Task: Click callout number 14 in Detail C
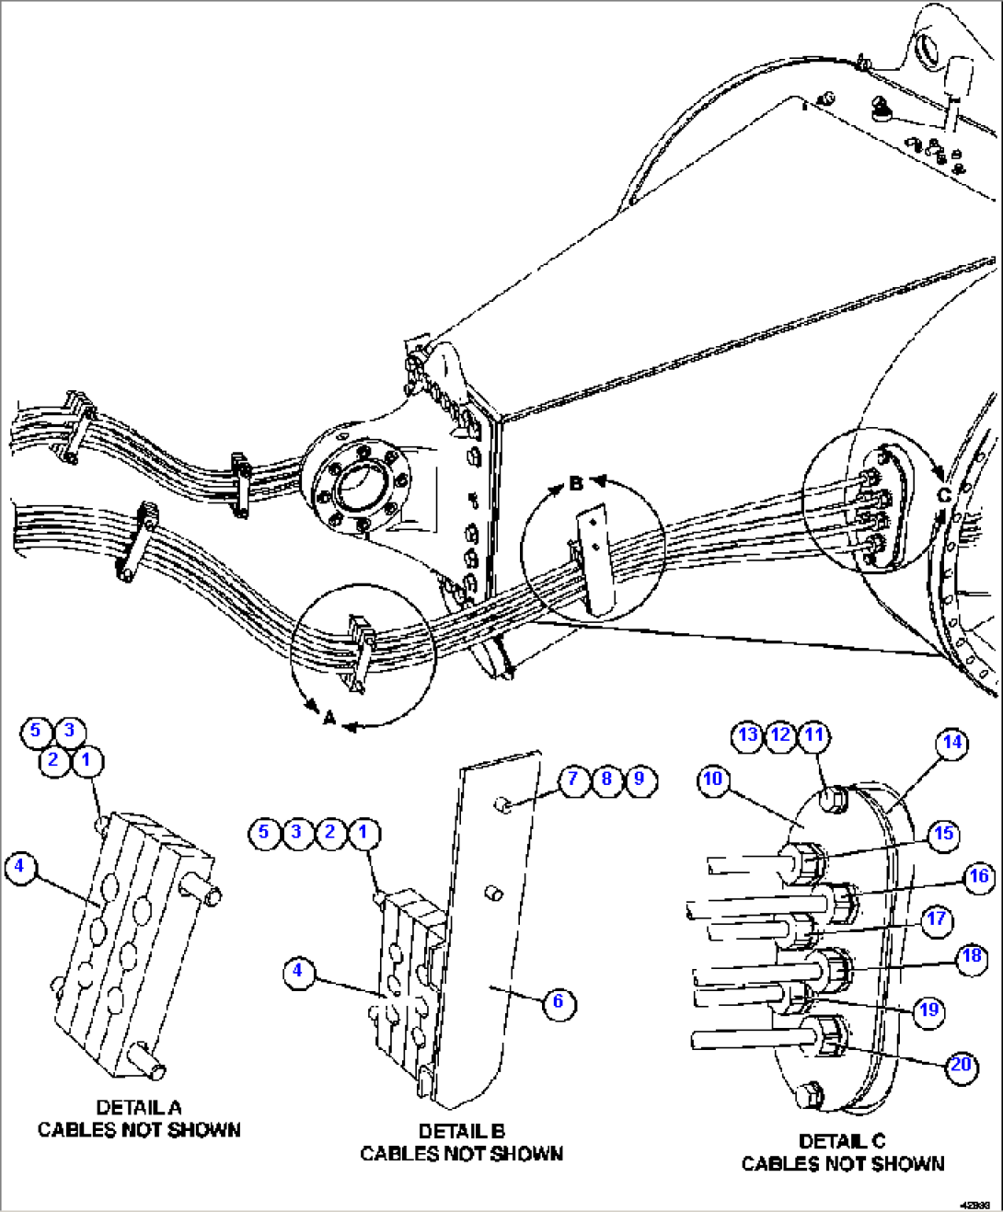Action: [951, 743]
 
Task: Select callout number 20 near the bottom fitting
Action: [961, 1065]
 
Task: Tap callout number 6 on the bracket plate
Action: [558, 1001]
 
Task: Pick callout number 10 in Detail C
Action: [713, 779]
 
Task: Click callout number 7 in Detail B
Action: [572, 779]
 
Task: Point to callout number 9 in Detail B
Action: [640, 779]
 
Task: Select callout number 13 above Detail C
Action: [748, 734]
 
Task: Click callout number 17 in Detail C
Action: [936, 918]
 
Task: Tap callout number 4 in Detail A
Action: [19, 866]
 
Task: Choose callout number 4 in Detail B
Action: [297, 970]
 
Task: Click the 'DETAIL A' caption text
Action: [139, 1108]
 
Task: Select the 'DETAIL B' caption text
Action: [461, 1131]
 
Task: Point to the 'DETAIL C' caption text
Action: [842, 1141]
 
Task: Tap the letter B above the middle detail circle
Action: [576, 483]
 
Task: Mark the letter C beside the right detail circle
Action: [943, 494]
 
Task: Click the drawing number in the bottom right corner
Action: [974, 1205]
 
